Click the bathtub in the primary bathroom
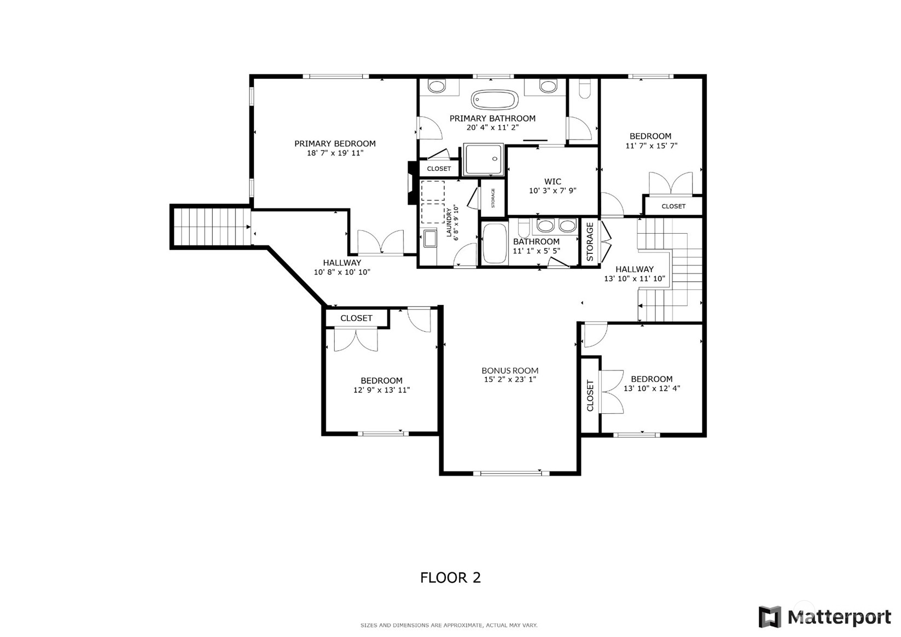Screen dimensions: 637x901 pos(495,100)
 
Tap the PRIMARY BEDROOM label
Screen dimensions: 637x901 pos(335,143)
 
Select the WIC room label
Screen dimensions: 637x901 pos(553,181)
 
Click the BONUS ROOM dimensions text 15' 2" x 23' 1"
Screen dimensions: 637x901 pos(509,379)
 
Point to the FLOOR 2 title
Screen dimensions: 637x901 pos(450,577)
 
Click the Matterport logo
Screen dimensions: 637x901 pos(824,617)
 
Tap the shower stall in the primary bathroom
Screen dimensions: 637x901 pos(483,159)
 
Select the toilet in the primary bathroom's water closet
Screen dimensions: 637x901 pos(584,90)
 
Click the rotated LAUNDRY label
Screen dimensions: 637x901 pos(449,222)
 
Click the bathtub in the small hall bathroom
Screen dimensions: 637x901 pos(495,244)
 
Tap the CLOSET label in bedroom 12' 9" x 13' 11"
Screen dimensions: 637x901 pos(356,318)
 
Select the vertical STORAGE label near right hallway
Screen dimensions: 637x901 pos(590,242)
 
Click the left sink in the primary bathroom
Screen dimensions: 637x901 pos(437,86)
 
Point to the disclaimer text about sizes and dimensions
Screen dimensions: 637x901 pos(449,625)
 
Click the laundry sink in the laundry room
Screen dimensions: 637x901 pos(430,239)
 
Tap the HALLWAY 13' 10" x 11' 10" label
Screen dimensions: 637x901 pos(634,274)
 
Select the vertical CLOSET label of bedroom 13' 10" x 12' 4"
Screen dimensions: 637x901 pos(590,395)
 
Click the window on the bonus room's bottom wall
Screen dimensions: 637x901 pos(510,473)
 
